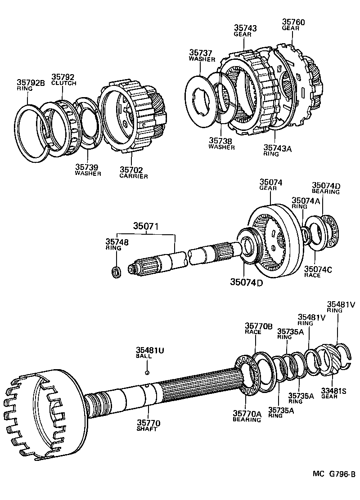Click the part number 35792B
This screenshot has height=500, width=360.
(31, 82)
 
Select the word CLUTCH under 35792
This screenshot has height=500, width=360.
(63, 83)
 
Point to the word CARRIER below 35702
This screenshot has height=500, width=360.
(134, 176)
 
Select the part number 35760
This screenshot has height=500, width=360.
(293, 22)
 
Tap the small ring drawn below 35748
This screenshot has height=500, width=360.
(116, 272)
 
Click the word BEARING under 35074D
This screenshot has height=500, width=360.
(326, 192)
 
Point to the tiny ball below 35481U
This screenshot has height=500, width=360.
(147, 372)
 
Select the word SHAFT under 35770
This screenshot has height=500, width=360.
(147, 429)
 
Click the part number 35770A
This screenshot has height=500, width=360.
(247, 413)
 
